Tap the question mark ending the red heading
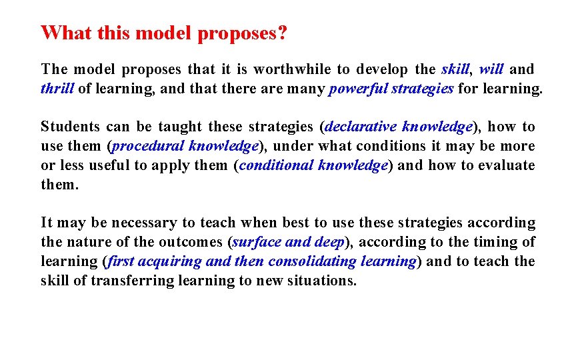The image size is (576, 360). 283,33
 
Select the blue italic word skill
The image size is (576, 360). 456,69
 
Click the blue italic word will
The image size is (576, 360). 491,69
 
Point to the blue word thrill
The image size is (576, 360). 57,89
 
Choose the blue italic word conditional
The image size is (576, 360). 275,165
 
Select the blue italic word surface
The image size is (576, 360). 256,242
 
